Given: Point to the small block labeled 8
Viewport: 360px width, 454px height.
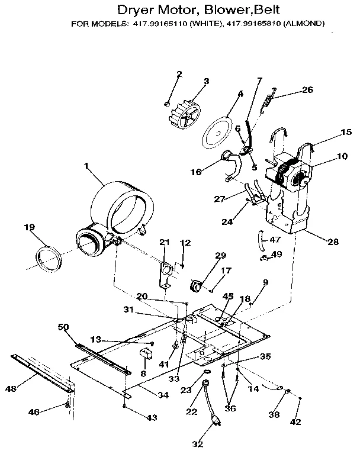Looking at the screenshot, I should click(144, 355).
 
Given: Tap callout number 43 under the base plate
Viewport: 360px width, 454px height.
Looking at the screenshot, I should click(152, 418).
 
